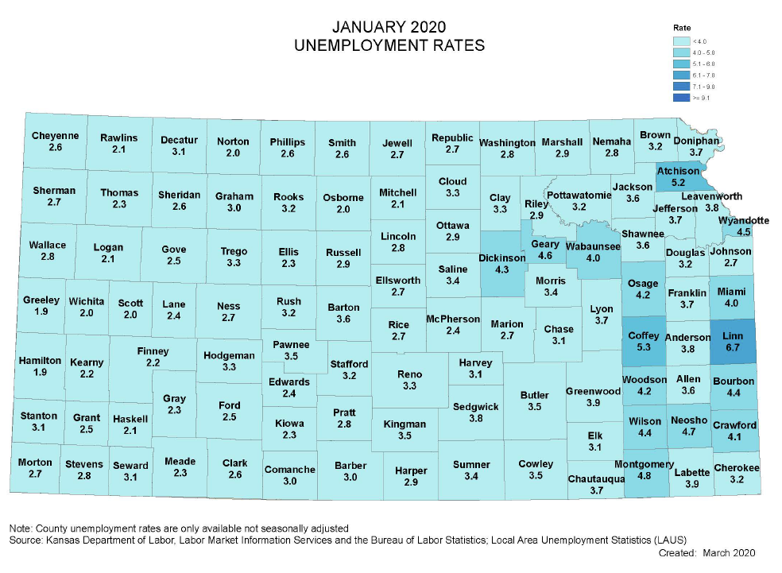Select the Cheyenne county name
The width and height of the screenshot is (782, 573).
coord(55,135)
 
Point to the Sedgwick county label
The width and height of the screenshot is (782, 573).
coord(475,406)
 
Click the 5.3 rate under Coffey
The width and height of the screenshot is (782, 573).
coord(643,347)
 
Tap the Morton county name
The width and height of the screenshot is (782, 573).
coord(35,462)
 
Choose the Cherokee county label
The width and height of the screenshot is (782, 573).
coord(737,468)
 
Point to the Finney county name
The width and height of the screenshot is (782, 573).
coord(153,350)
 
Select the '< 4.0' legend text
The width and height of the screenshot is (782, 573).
coord(699,41)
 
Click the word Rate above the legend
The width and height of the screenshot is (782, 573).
coord(681,27)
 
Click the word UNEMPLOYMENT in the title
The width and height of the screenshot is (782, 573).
coord(351,45)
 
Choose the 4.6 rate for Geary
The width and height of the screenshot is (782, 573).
coord(545,256)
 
